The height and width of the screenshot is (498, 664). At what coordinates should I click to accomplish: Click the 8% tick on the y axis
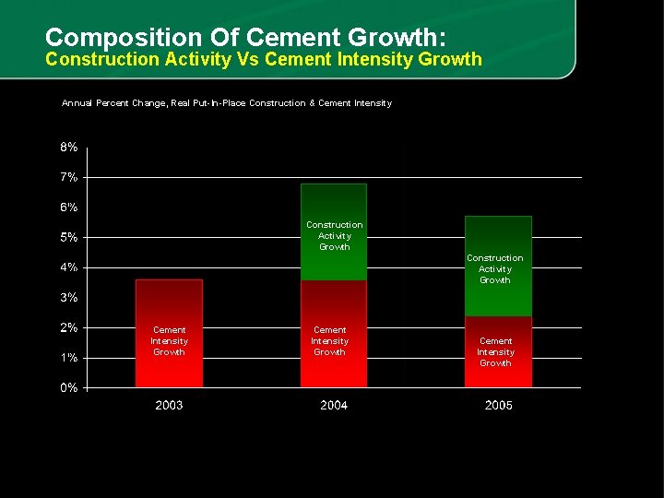[69, 148]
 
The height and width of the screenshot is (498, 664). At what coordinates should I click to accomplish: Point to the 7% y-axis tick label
[69, 177]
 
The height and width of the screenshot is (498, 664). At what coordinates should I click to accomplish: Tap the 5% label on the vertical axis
[69, 238]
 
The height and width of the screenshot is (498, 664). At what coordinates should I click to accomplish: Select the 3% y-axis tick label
[69, 298]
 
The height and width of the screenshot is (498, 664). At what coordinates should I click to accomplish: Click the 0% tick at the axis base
[69, 388]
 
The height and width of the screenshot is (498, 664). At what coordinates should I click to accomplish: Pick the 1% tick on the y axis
[69, 358]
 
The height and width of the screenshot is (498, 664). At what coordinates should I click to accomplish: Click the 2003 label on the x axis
[169, 406]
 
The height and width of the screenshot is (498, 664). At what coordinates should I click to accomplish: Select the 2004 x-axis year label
[334, 406]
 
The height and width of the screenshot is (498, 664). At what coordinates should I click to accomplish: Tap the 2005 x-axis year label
[499, 406]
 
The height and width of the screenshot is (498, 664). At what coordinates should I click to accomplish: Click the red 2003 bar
[169, 304]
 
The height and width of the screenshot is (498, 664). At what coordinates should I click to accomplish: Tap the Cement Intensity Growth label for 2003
[169, 341]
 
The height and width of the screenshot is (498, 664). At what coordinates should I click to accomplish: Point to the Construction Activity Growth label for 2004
[334, 236]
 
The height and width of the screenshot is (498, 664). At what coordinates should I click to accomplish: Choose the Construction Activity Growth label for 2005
[494, 269]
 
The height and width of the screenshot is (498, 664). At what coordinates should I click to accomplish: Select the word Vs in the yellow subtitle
[248, 60]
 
